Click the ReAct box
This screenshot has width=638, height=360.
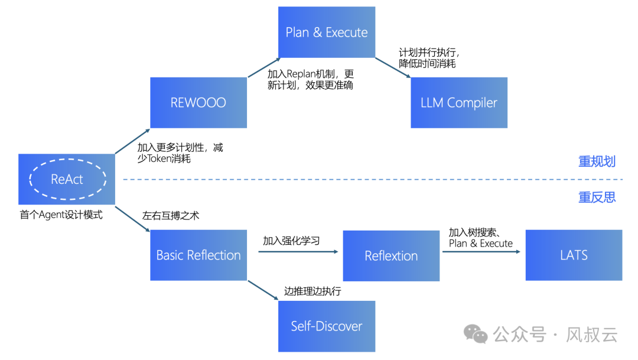point(67,179)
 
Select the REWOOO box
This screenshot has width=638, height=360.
point(198,102)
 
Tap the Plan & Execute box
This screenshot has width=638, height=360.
point(327,32)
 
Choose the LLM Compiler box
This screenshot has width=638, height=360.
point(459,102)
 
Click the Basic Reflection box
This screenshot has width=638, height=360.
point(198,255)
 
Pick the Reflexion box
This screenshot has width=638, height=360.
point(391,255)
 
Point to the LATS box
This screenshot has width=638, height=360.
point(574,255)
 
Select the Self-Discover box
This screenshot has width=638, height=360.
point(327,326)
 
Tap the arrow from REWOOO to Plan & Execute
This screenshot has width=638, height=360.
point(263,67)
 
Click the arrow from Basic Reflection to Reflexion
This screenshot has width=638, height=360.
point(298,252)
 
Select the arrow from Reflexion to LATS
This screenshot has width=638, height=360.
point(481,252)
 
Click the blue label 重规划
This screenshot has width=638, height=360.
point(597,161)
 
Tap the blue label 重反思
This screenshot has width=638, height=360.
point(597,197)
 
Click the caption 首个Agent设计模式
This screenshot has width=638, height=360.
point(61,215)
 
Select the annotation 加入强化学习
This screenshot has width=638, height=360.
point(291,241)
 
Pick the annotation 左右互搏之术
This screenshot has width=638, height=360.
point(171,215)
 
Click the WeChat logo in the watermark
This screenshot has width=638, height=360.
point(476,335)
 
